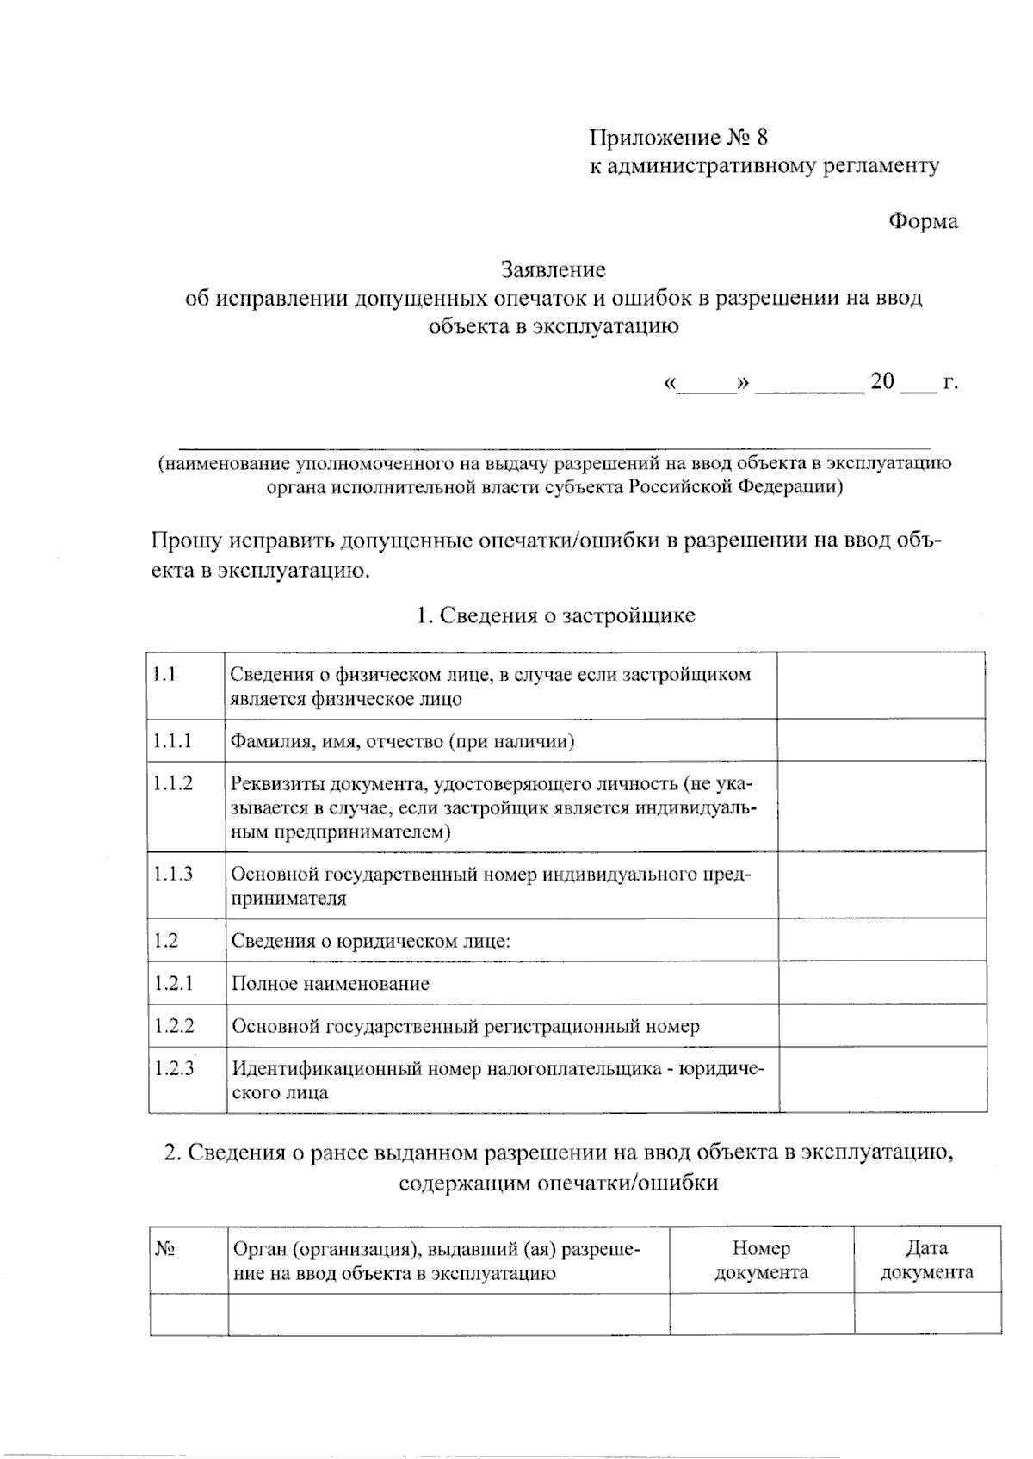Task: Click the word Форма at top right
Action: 923,221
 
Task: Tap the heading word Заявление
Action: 554,270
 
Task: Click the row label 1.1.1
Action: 172,740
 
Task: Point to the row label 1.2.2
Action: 174,1026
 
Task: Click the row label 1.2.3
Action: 174,1069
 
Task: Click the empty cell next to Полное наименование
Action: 881,983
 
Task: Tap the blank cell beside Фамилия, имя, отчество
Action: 881,740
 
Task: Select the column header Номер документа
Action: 761,1260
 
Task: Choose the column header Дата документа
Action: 927,1260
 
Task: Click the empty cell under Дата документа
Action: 927,1314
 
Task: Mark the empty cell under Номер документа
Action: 761,1314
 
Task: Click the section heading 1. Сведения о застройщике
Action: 555,615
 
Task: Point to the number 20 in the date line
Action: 882,381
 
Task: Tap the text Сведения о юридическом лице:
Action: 371,941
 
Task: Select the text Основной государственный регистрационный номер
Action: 465,1026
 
